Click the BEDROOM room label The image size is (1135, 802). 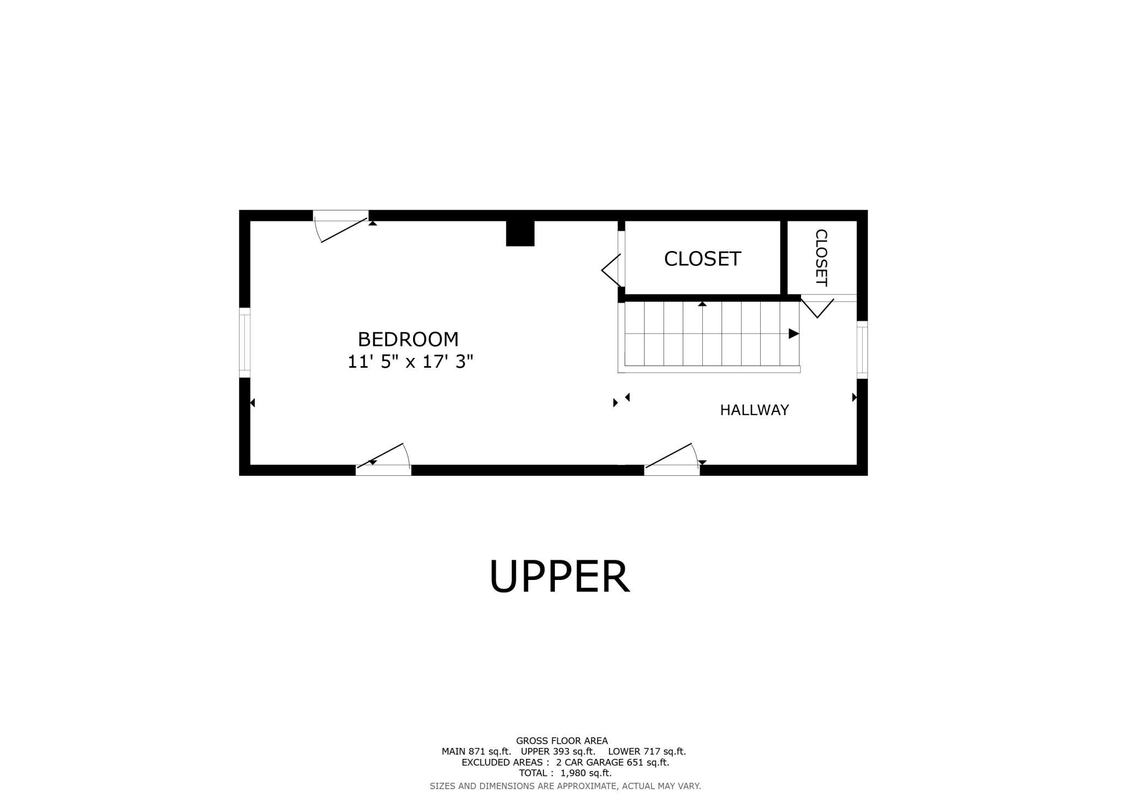pyautogui.click(x=408, y=339)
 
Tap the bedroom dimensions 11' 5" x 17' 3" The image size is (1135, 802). pyautogui.click(x=410, y=361)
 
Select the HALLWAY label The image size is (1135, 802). pyautogui.click(x=754, y=410)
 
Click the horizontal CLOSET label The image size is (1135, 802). pyautogui.click(x=702, y=259)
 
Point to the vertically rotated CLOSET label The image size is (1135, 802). pyautogui.click(x=821, y=258)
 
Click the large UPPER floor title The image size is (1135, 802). pyautogui.click(x=560, y=577)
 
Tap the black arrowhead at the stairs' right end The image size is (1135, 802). pyautogui.click(x=794, y=333)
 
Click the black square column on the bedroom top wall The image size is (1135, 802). pyautogui.click(x=520, y=233)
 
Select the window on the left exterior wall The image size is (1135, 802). pyautogui.click(x=244, y=343)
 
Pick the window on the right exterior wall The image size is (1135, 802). pyautogui.click(x=862, y=350)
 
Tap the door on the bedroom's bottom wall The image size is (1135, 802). pyautogui.click(x=383, y=459)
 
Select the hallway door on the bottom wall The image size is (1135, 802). pyautogui.click(x=672, y=459)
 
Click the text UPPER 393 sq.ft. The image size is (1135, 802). pyautogui.click(x=558, y=751)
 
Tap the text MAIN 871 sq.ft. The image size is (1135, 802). pyautogui.click(x=476, y=751)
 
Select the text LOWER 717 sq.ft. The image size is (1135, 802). pyautogui.click(x=647, y=751)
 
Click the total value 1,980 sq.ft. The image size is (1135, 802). pyautogui.click(x=586, y=773)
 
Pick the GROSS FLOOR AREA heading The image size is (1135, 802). pyautogui.click(x=562, y=741)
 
